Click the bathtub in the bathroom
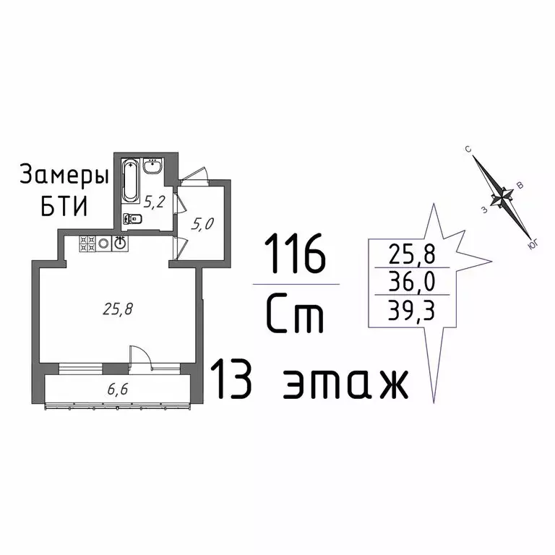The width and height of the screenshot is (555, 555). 131,180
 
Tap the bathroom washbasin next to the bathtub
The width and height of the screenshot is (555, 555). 153,168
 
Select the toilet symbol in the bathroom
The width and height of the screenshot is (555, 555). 131,218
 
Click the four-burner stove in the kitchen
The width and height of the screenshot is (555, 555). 87,244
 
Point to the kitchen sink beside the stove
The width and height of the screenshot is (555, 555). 121,244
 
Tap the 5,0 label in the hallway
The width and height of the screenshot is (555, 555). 202,224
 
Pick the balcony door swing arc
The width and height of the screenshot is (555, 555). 139,356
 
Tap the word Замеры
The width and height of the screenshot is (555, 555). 64,176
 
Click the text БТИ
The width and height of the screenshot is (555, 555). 62,207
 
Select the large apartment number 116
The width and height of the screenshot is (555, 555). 295,254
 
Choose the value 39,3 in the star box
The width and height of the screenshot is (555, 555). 409,309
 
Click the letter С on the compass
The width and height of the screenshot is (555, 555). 468,150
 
